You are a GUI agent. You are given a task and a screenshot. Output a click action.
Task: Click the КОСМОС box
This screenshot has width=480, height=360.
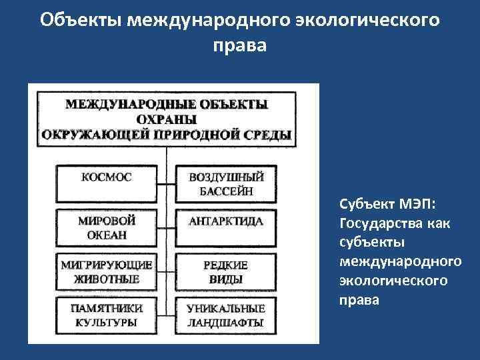[x=107, y=179]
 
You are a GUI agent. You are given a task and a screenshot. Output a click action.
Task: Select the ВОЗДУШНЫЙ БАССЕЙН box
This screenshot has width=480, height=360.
[x=226, y=184]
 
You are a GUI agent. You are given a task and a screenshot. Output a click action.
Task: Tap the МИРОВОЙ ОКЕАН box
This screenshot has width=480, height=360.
[x=107, y=227]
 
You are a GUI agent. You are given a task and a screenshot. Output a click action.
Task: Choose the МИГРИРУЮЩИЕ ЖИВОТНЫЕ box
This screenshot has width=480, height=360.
[x=107, y=272]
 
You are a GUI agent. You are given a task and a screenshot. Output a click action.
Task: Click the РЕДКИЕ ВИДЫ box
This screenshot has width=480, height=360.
[x=226, y=272]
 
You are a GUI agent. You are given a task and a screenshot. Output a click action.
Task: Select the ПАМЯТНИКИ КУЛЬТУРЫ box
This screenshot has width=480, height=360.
[x=107, y=315]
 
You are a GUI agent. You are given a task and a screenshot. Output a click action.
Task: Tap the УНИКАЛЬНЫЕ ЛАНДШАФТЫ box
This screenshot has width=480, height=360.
[x=226, y=315]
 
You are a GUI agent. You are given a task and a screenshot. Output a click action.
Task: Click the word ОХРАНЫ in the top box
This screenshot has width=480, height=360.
[x=167, y=119]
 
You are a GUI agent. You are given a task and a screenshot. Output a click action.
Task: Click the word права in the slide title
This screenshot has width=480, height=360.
[x=239, y=46]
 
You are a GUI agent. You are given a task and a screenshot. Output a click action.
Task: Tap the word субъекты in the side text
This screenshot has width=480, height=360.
[x=367, y=242]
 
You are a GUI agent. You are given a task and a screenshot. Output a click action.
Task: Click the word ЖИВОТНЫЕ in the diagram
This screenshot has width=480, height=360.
[x=107, y=279]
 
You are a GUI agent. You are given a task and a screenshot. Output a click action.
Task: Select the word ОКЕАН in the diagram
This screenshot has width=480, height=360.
[x=107, y=235]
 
